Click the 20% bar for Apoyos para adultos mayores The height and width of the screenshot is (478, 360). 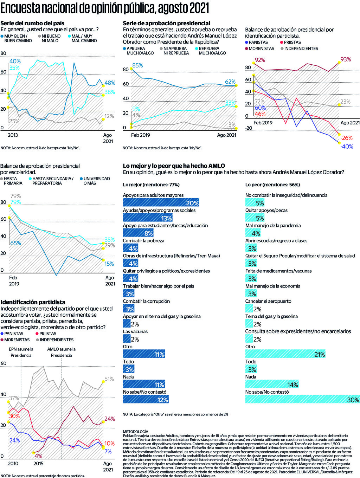point(161,202)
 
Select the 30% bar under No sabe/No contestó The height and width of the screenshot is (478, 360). point(302,399)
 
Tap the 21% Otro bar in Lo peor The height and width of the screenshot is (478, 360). point(285,354)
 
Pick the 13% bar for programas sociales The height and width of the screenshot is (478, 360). point(148,218)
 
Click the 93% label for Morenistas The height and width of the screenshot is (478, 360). point(346,59)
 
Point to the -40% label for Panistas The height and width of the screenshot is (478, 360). point(347,147)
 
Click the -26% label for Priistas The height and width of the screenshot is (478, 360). point(347,138)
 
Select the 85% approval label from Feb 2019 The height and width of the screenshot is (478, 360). point(137,65)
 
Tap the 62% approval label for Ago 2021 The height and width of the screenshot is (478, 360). point(230,82)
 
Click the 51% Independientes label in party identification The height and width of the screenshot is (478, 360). point(109,379)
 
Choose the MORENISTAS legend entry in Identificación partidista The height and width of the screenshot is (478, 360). point(17,340)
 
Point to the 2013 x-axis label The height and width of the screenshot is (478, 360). point(13,135)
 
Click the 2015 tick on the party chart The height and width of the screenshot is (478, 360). point(38,464)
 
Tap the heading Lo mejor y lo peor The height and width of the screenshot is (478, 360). point(174,166)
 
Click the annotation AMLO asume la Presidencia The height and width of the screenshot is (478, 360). point(62,352)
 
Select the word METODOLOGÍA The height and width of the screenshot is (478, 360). point(135,432)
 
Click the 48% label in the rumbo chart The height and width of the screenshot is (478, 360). point(110,83)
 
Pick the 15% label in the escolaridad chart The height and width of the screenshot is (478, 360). point(109,264)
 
